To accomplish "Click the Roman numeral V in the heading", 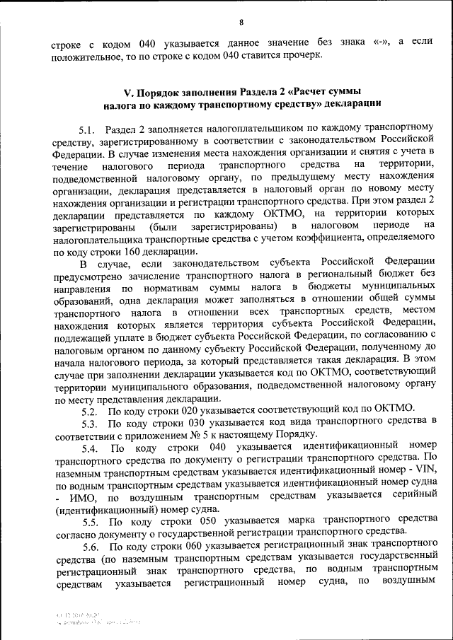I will pyautogui.click(x=127, y=93).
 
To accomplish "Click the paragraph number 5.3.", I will pyautogui.click(x=89, y=423).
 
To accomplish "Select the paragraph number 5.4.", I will pyautogui.click(x=89, y=448).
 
